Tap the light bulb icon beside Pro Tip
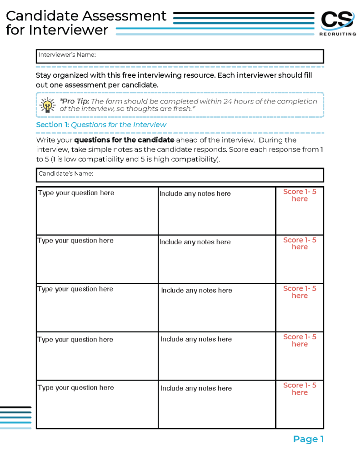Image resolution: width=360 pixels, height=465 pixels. pyautogui.click(x=47, y=105)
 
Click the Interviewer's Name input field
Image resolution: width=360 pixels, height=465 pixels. pyautogui.click(x=180, y=56)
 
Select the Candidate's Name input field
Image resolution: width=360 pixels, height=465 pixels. pyautogui.click(x=180, y=175)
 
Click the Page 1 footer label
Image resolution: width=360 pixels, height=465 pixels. pyautogui.click(x=308, y=439)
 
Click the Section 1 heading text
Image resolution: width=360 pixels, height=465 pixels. pyautogui.click(x=101, y=125)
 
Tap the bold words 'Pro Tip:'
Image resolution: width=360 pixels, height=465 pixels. pyautogui.click(x=73, y=101)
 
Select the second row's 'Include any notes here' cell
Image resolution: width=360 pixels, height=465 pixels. pyautogui.click(x=216, y=259)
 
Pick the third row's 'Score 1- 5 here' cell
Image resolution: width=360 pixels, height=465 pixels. pyautogui.click(x=300, y=307)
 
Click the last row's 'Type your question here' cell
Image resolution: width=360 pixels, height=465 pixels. pyautogui.click(x=97, y=404)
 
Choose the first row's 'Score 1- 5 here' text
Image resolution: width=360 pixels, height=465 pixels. pyautogui.click(x=300, y=195)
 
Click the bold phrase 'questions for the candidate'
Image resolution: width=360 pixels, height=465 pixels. pyautogui.click(x=124, y=140)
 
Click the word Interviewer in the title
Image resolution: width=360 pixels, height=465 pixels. pyautogui.click(x=68, y=30)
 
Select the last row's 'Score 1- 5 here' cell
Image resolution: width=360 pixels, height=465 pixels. pyautogui.click(x=300, y=404)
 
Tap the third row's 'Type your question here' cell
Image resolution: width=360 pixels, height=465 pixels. pyautogui.click(x=97, y=307)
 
